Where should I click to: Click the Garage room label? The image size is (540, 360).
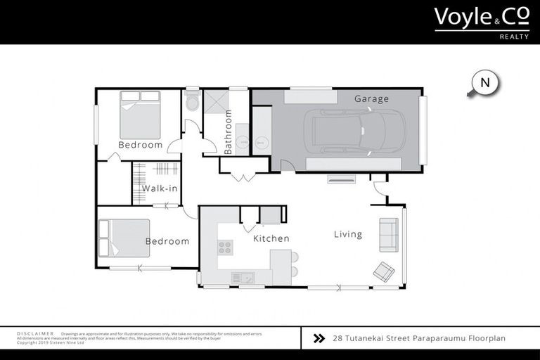click(x=371, y=99)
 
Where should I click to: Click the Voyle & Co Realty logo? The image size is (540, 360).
click(x=481, y=21)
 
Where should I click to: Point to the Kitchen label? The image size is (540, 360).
click(x=271, y=238)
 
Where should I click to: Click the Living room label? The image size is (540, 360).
click(x=348, y=234)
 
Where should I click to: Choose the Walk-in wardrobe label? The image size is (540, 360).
click(x=160, y=188)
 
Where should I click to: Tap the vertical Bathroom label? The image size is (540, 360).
click(x=228, y=132)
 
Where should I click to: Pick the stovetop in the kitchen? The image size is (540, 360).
click(x=226, y=247)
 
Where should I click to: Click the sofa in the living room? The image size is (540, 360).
click(x=388, y=235)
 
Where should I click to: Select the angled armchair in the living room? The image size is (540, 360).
click(x=384, y=271)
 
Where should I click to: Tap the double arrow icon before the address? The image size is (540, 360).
click(x=319, y=337)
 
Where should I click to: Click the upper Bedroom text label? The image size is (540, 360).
click(x=140, y=145)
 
